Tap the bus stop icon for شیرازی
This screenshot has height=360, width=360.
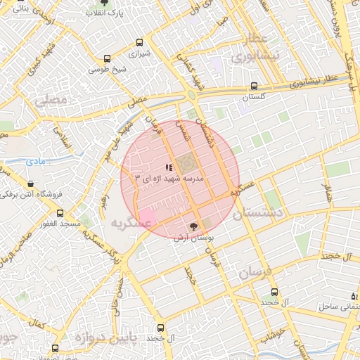[x=139, y=42]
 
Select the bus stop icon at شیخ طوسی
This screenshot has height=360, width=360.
[x=107, y=60]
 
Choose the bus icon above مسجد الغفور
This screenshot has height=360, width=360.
[x=60, y=212]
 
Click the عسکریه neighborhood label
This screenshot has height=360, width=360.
[x=131, y=222]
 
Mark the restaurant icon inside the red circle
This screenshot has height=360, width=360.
[x=167, y=167]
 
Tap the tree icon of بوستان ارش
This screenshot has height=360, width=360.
[x=193, y=226]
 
